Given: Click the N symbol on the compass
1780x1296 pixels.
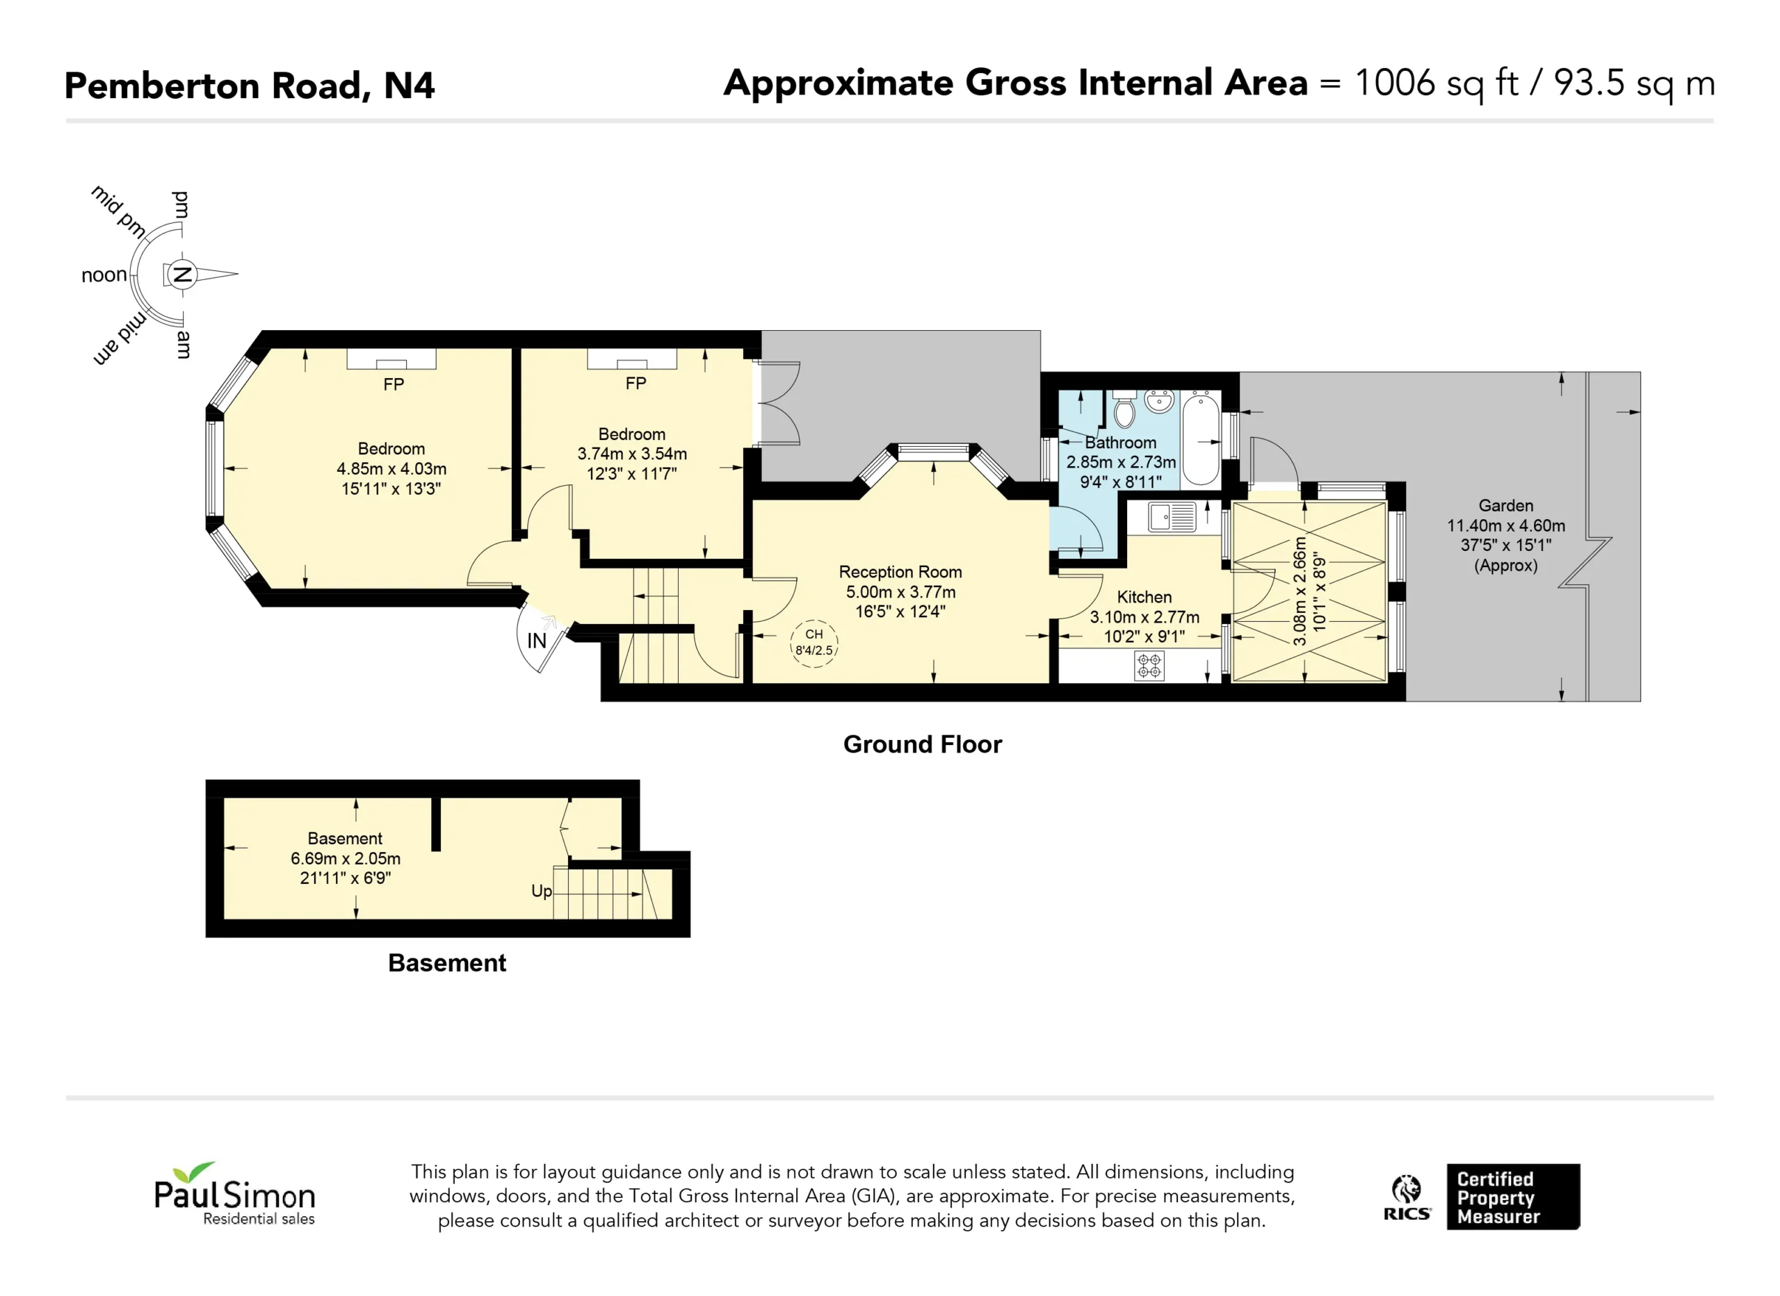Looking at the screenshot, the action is tap(182, 274).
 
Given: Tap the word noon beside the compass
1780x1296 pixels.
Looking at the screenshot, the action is tap(104, 275).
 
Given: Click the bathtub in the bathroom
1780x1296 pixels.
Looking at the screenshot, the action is tap(1201, 439).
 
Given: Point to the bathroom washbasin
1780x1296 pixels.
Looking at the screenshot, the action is tap(1159, 401).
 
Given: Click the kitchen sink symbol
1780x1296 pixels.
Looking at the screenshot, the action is tap(1172, 517).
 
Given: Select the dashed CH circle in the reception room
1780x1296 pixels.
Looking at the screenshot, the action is tap(814, 643).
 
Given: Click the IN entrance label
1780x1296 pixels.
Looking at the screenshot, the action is tap(537, 641).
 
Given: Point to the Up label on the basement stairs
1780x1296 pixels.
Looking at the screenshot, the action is tap(542, 891).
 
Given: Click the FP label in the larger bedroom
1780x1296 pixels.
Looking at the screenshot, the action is tap(394, 384).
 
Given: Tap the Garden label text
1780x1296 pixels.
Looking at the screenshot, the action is tap(1506, 506).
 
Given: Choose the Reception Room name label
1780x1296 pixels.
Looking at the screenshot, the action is tap(900, 572).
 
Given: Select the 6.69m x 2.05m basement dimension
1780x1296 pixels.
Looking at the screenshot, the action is tap(346, 858).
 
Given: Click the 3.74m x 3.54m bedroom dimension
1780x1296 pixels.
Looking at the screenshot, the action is tap(632, 454).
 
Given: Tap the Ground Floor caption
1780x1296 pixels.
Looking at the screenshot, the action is tap(923, 744).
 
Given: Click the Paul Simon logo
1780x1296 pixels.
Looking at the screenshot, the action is tap(234, 1193).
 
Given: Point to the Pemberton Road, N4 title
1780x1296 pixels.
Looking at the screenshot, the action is tap(250, 85).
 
